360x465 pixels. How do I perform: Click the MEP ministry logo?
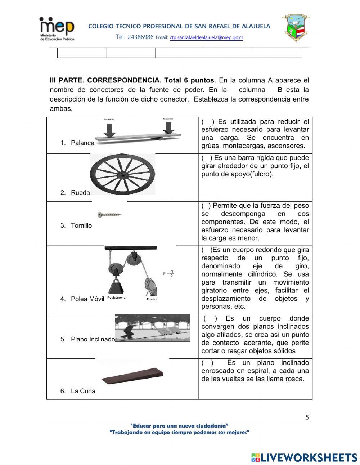tap(57, 29)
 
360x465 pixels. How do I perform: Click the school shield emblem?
tap(296, 28)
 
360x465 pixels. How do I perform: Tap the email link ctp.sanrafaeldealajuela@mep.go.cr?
tap(206, 37)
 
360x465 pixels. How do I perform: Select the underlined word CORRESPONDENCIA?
tap(123, 80)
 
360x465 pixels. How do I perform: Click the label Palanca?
tap(82, 143)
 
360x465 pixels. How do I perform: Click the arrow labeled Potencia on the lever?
tap(109, 129)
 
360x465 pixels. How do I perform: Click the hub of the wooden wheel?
tap(122, 174)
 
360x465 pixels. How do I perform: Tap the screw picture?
tap(109, 215)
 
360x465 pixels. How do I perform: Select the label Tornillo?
tap(81, 225)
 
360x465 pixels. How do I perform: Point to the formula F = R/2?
tap(168, 274)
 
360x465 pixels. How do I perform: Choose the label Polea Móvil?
tap(87, 299)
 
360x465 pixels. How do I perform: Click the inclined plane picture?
tap(152, 328)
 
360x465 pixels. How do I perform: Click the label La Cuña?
tap(83, 391)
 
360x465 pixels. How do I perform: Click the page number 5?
tap(307, 418)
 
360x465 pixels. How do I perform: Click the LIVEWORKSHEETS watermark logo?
tap(304, 457)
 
